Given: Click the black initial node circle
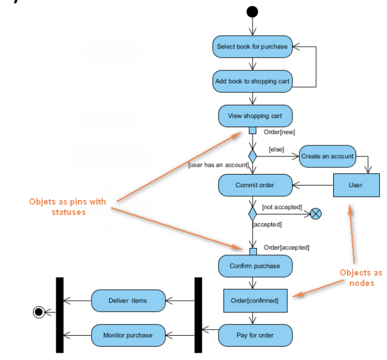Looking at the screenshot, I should click(253, 12).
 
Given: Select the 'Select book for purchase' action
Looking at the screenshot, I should click(253, 46).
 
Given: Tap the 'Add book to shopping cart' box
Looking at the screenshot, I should click(253, 81).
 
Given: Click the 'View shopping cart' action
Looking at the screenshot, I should click(254, 116).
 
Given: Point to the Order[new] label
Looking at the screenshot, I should click(279, 132).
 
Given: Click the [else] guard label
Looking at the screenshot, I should click(277, 147).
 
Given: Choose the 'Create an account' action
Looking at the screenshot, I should click(327, 156).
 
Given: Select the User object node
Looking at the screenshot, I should click(356, 185).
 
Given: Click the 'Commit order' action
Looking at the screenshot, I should click(255, 185).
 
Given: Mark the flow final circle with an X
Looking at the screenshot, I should click(316, 213).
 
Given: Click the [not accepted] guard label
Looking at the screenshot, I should click(281, 207).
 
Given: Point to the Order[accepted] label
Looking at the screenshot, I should click(286, 247).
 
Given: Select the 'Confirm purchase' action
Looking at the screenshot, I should click(255, 265).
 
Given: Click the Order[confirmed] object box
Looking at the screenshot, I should click(255, 300).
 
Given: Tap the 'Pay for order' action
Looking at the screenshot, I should click(255, 335).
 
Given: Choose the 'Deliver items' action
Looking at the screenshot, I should click(127, 300).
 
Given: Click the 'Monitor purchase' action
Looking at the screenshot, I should click(127, 335).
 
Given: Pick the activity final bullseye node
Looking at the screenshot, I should click(39, 312).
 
